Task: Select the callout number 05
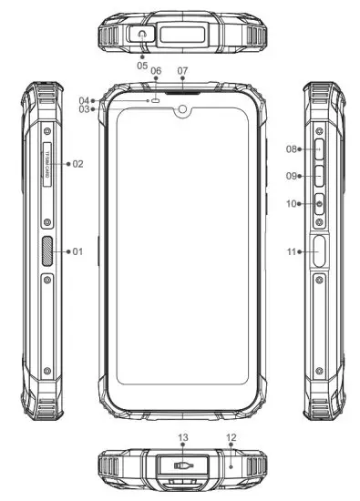coord(141,66)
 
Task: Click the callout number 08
coord(292,148)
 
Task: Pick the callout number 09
coord(292,176)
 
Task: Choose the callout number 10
coord(292,204)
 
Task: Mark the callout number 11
coord(292,251)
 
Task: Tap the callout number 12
coord(231,438)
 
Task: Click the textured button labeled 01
coord(47,250)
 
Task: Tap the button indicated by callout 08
coord(319,148)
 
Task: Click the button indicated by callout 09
coord(319,176)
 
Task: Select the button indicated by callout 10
coord(319,205)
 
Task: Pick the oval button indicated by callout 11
coord(319,251)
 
